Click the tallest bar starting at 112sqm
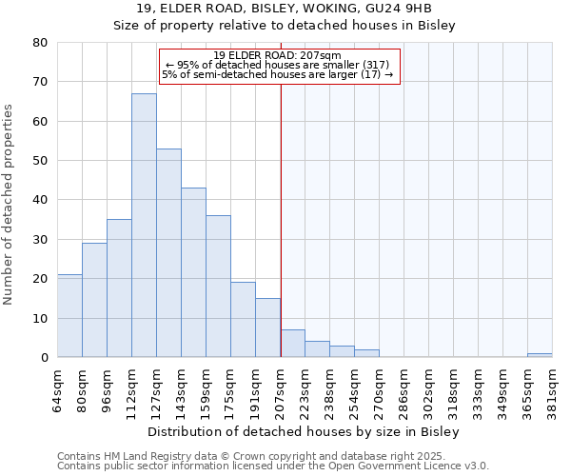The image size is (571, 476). click(144, 226)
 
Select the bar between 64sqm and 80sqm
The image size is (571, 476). click(69, 316)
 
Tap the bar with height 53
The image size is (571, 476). click(168, 253)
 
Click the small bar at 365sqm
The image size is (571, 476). click(540, 355)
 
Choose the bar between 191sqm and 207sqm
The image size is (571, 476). click(267, 327)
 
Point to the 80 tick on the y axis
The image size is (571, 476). click(40, 43)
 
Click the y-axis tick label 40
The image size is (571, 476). click(40, 200)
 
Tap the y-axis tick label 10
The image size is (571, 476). click(40, 318)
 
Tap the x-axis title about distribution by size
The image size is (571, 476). click(305, 431)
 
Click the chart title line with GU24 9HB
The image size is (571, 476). click(285, 9)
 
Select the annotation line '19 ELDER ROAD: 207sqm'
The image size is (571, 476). click(277, 55)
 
